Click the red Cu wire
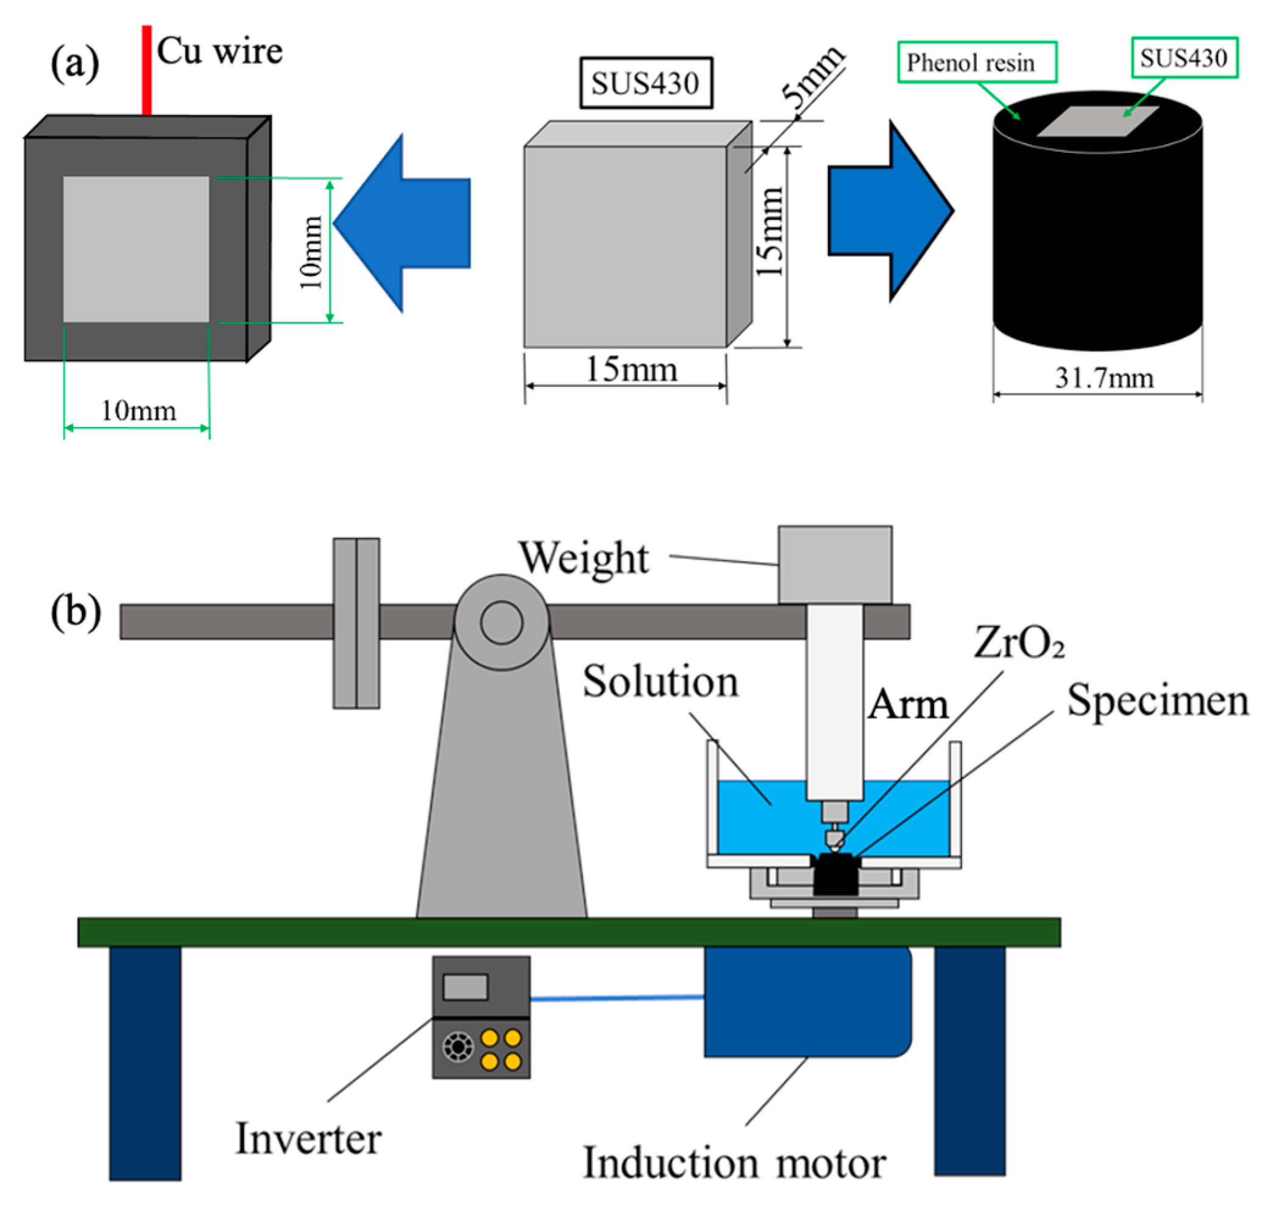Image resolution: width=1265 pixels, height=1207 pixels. coord(147,71)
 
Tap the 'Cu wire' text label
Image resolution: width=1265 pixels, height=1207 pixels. coord(219,51)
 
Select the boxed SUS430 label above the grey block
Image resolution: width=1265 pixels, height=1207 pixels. coord(645,83)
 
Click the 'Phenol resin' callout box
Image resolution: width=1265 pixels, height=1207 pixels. coord(976,62)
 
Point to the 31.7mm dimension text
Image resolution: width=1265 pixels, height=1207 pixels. coord(1104,378)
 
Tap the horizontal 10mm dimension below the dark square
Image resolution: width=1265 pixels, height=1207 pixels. coord(138,411)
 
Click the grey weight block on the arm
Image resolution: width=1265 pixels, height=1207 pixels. coord(835,565)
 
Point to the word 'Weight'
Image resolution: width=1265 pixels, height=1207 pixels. coord(584,558)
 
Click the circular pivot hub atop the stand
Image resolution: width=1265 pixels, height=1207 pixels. coord(501,622)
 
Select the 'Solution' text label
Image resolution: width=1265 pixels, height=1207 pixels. coord(660,681)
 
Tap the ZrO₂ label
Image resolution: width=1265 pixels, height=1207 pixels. coord(1019,643)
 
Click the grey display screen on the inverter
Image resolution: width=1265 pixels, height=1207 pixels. coord(465,987)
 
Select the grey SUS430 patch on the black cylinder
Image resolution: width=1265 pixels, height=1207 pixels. coord(1097,122)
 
